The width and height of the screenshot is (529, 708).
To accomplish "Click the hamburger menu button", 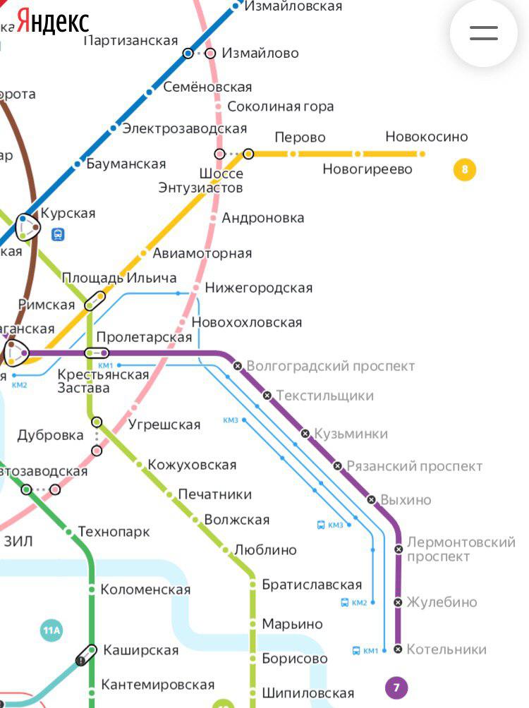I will click(484, 33).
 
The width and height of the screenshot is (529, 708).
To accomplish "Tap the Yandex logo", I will click(53, 21).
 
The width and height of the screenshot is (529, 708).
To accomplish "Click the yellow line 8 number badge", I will click(464, 169).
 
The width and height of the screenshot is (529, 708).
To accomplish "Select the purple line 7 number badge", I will click(396, 687).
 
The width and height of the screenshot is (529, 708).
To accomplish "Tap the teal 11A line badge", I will click(51, 630).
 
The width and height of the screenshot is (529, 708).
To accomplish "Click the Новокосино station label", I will click(426, 137).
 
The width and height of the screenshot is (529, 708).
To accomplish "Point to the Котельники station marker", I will click(398, 649).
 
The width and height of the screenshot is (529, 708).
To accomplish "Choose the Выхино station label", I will click(406, 500).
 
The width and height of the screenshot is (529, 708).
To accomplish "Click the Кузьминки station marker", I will click(305, 433).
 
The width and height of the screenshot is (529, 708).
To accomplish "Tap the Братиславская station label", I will click(311, 585).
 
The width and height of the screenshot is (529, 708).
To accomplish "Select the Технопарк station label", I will click(114, 532).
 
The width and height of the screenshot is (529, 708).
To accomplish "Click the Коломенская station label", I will click(145, 590).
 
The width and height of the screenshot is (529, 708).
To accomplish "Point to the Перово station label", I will click(300, 137).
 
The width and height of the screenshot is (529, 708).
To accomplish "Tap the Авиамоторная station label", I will click(202, 253).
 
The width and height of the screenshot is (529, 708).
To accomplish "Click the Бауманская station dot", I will click(78, 164).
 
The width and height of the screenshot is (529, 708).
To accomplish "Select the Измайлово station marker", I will click(210, 54).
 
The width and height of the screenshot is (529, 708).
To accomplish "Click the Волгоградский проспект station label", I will click(330, 366).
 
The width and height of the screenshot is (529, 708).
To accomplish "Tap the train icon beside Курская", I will click(58, 234).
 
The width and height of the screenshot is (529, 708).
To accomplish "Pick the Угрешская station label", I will click(164, 425).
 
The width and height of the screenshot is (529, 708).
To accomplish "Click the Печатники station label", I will click(214, 494).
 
